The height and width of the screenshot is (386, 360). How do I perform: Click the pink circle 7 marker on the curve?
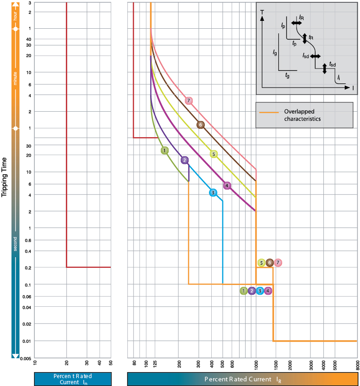click(188, 101)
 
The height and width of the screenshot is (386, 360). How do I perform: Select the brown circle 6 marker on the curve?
click(200, 125)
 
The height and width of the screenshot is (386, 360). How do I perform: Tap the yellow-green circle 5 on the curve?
click(214, 154)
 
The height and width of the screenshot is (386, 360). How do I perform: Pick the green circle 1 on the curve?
click(164, 150)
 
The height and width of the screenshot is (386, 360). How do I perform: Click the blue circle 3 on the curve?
click(213, 192)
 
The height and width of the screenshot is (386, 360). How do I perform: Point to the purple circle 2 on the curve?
click(184, 160)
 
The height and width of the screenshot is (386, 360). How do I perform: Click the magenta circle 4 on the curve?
click(227, 185)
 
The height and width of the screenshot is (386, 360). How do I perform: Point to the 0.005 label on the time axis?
click(26, 358)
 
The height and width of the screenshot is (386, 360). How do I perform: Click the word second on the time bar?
click(15, 244)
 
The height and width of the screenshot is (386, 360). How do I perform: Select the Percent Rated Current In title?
click(73, 379)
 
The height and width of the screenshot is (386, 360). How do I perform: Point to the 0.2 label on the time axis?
click(27, 268)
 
